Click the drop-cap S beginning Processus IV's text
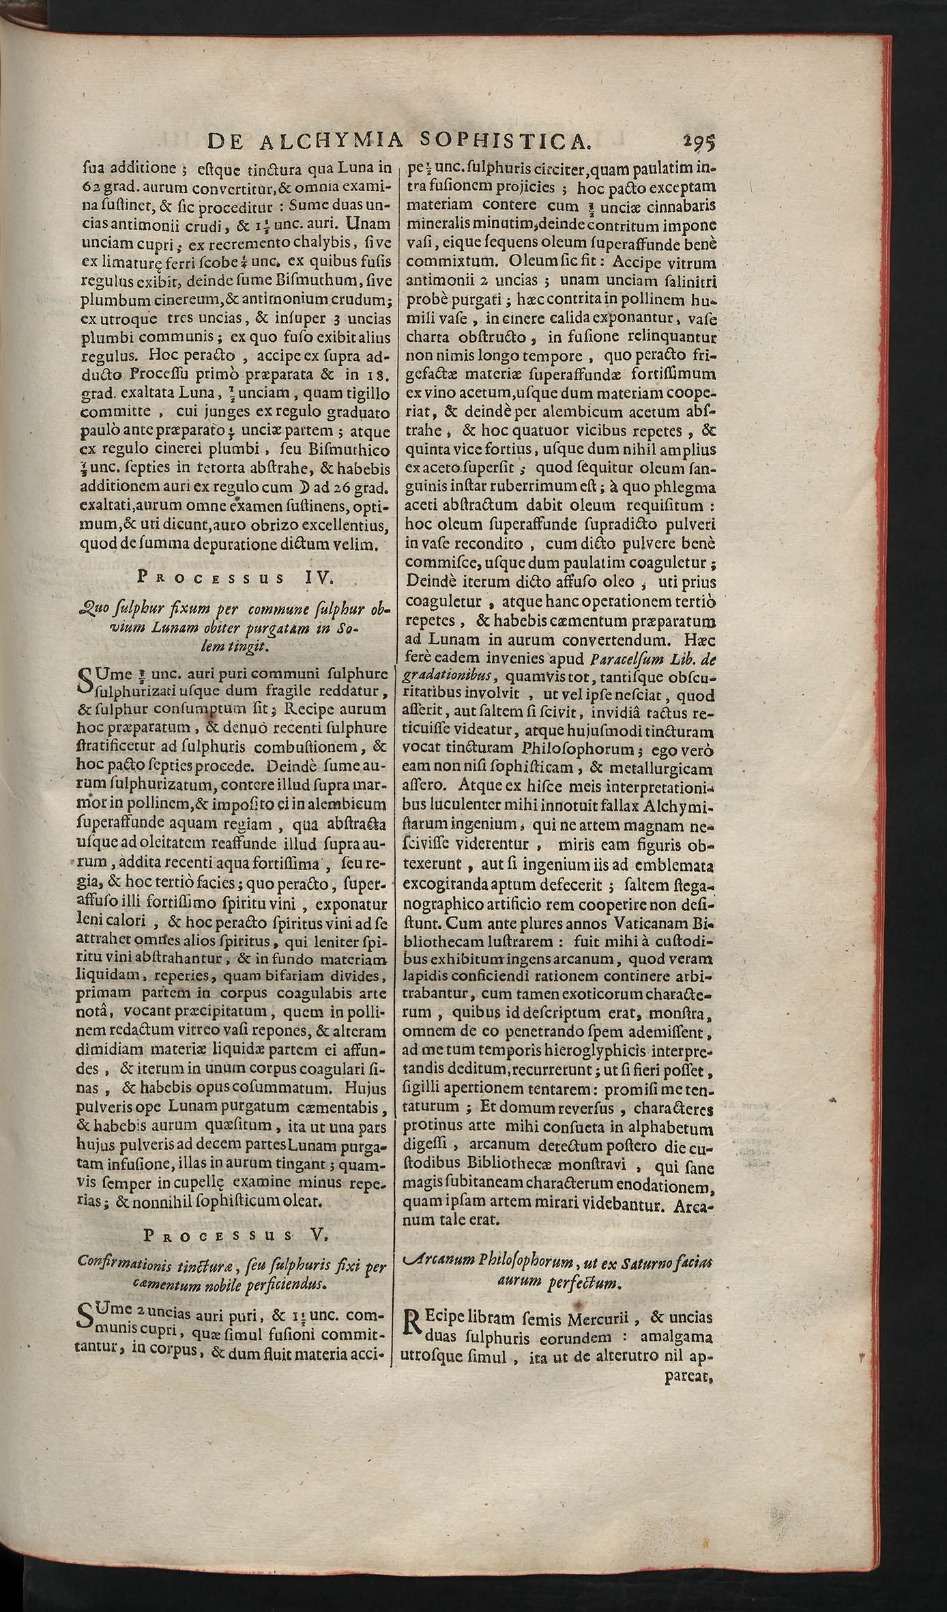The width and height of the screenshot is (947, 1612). click(87, 680)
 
